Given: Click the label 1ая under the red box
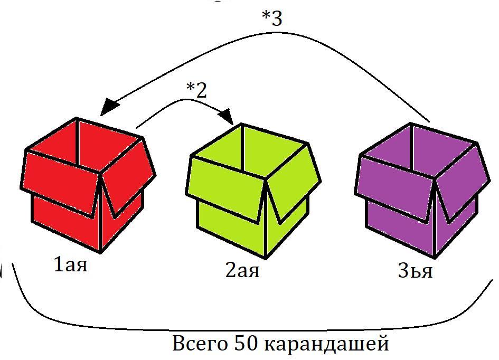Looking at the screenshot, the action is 70,264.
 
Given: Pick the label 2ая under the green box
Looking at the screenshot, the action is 242,270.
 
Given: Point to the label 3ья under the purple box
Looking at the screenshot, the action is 415,271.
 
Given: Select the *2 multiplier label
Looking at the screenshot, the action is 196,90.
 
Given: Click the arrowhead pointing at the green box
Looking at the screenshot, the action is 227,116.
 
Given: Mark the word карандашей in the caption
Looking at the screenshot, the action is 326,344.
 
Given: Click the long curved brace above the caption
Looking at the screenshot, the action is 248,327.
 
